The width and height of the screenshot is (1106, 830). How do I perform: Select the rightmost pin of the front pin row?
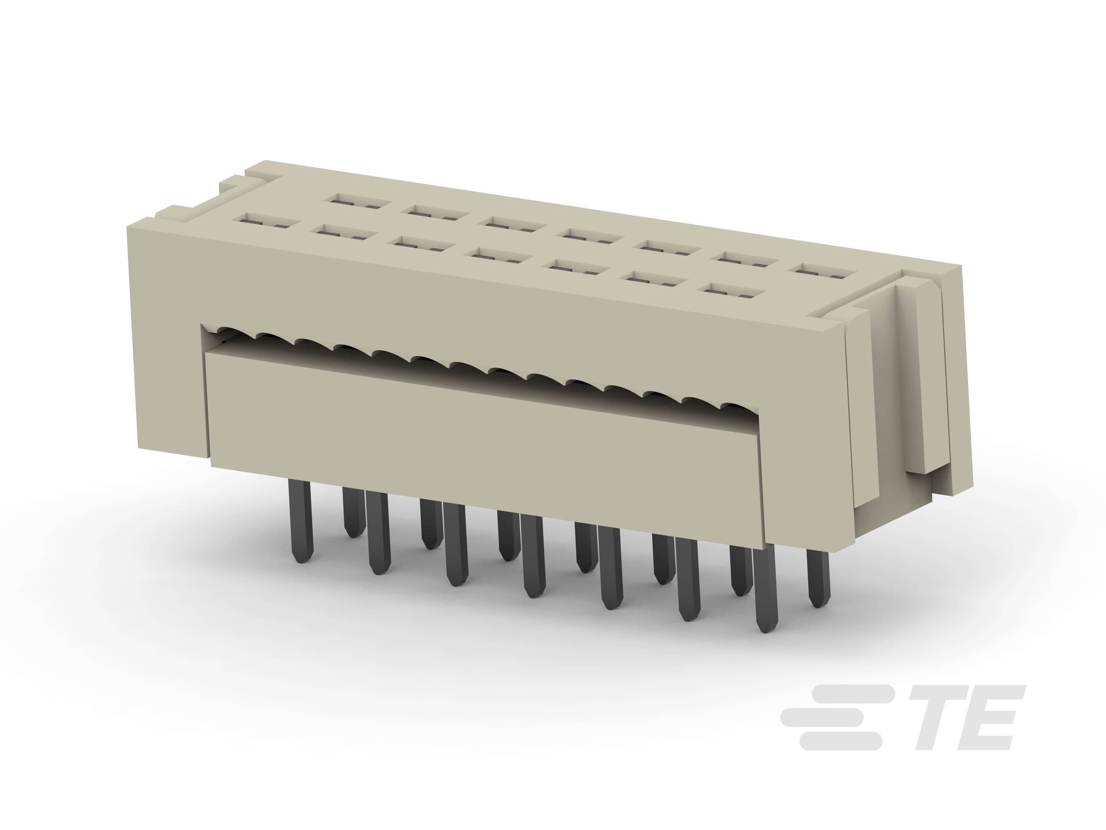click(765, 586)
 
